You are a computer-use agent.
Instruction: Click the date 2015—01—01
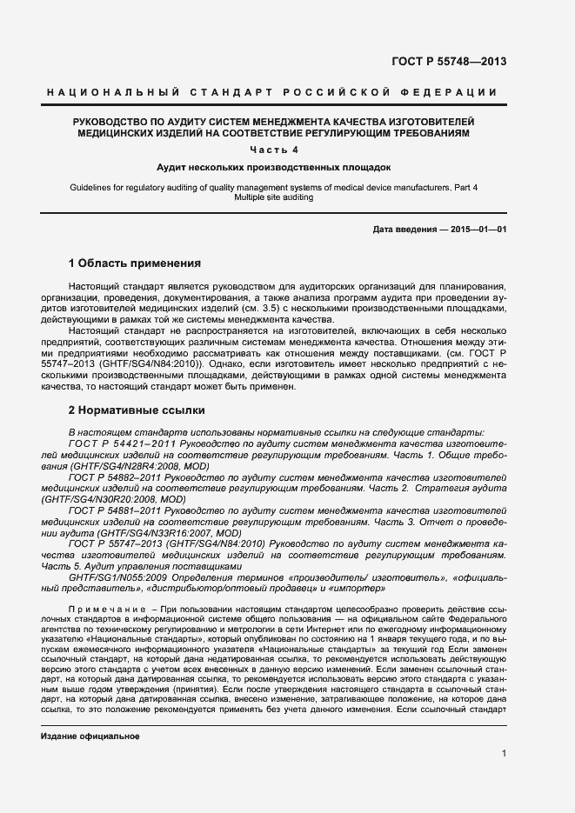[x=478, y=230]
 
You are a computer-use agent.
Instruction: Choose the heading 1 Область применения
[x=135, y=263]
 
